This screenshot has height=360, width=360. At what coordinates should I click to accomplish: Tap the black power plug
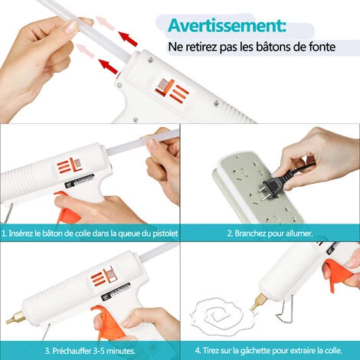tap(272, 187)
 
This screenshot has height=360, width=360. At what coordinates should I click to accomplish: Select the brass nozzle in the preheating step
tap(15, 317)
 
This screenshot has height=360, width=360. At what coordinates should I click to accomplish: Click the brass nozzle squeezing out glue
tap(259, 301)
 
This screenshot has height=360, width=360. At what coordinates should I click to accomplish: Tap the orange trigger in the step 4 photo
tap(338, 274)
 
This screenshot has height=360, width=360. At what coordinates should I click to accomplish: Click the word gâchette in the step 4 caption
tap(254, 350)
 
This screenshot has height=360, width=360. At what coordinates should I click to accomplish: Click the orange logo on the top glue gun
tap(173, 91)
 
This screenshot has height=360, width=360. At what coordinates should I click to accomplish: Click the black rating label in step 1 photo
tap(80, 181)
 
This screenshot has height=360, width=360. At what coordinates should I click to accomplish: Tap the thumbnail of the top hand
tap(70, 26)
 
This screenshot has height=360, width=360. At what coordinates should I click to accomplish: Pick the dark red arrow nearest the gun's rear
tap(108, 67)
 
